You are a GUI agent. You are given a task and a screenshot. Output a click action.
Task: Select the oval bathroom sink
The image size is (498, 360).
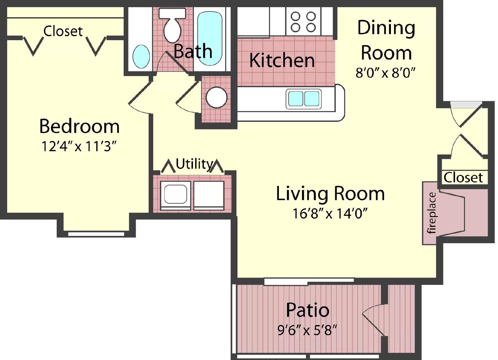point(141,56)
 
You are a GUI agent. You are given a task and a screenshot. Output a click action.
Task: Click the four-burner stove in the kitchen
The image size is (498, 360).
point(303,22)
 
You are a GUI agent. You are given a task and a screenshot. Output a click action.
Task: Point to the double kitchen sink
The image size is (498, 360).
point(303,99)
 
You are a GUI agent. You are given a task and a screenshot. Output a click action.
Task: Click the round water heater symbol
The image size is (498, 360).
point(217,97)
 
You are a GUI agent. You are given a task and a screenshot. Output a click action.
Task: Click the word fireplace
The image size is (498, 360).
point(432,213)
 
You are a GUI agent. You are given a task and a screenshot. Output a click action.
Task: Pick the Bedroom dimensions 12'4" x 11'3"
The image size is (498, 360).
point(79,146)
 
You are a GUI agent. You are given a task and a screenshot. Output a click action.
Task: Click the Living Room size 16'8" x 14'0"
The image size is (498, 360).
point(330,214)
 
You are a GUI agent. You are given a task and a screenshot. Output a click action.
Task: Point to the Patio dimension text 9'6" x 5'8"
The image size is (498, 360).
point(307,330)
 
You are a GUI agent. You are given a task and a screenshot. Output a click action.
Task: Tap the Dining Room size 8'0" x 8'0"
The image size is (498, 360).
point(386,73)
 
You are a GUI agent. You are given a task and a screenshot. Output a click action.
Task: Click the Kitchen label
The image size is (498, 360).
point(282,60)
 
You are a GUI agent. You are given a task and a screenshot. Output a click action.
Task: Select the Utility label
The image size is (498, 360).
point(194,164)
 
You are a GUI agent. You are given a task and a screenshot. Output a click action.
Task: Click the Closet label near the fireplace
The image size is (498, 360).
point(463,178)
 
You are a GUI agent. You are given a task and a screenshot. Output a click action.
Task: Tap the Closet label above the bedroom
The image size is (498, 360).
point(63,31)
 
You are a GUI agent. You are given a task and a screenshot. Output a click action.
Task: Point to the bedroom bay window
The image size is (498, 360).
point(96,234)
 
